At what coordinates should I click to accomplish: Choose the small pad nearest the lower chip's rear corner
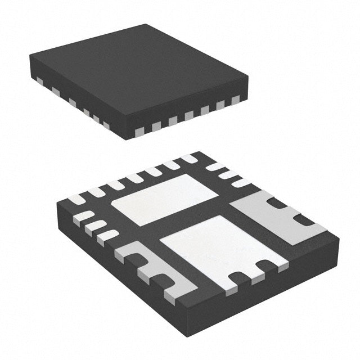pos(189,159)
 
